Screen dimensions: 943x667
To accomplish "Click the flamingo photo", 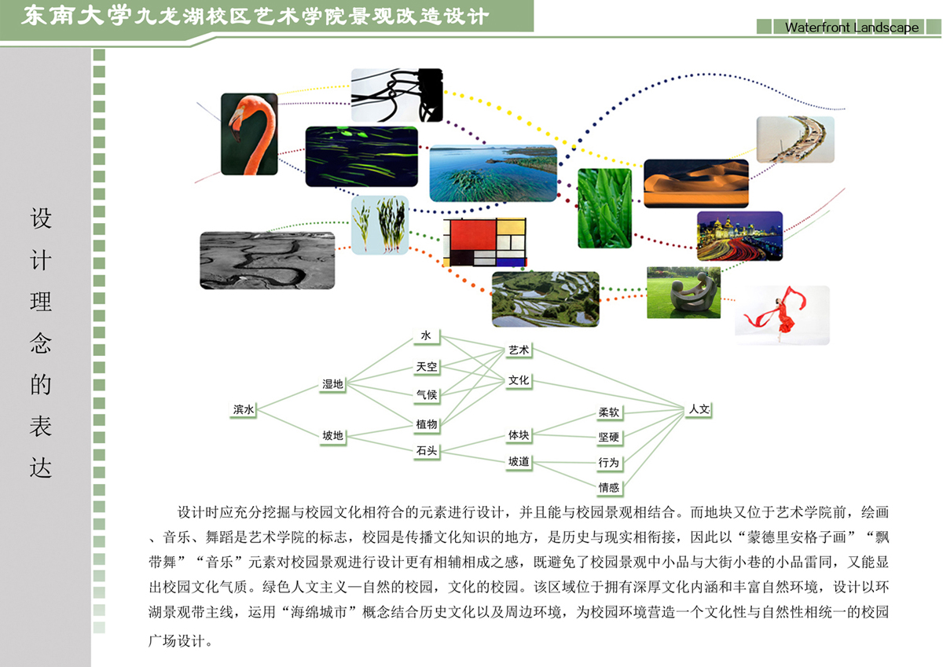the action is (249, 134).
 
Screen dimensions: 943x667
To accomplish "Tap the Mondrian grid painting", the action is (485, 242).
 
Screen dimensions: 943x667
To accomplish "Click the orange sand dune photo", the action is (696, 183).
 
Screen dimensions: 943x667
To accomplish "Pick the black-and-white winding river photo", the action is (267, 261).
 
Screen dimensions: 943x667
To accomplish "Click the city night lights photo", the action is (739, 236).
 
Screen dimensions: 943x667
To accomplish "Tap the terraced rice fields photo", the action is (545, 299).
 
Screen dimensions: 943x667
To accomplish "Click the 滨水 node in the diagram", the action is (244, 409).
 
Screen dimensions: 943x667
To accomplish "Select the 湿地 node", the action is (332, 384).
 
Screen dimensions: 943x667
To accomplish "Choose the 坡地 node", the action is (332, 435).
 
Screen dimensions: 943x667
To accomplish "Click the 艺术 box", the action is (518, 350).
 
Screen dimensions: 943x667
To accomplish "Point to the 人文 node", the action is (699, 409).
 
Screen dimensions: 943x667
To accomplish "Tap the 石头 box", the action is (427, 451).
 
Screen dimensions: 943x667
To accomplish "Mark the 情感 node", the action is (609, 487).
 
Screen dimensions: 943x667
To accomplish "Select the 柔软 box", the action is (609, 412).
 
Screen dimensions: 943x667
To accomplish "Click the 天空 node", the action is (427, 367).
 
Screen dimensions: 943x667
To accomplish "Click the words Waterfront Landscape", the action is (852, 27).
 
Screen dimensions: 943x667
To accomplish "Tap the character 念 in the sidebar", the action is (40, 343).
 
